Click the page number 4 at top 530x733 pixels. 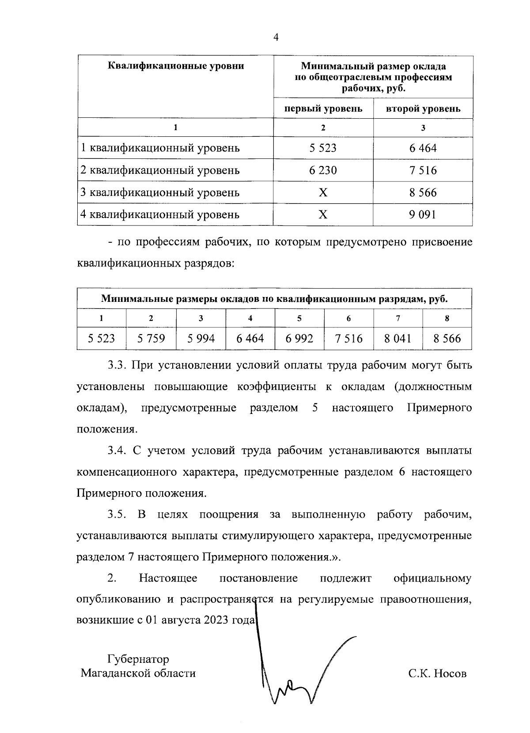(276, 38)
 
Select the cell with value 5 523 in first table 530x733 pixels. (323, 148)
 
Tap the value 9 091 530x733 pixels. (423, 214)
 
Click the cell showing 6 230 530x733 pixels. (323, 170)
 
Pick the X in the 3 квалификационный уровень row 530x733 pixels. (323, 192)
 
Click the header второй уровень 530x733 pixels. (423, 109)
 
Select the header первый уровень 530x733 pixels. (323, 109)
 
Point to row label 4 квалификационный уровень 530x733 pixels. (160, 214)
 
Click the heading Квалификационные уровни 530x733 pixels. (176, 67)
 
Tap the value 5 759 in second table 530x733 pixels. (151, 338)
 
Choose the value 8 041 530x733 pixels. (397, 338)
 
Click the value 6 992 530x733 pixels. (299, 338)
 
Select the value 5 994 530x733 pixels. (201, 338)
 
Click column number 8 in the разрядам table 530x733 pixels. (447, 318)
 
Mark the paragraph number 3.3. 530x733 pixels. (117, 366)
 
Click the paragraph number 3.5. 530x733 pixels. (117, 515)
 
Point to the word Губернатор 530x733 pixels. (138, 659)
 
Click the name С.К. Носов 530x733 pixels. (437, 674)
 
